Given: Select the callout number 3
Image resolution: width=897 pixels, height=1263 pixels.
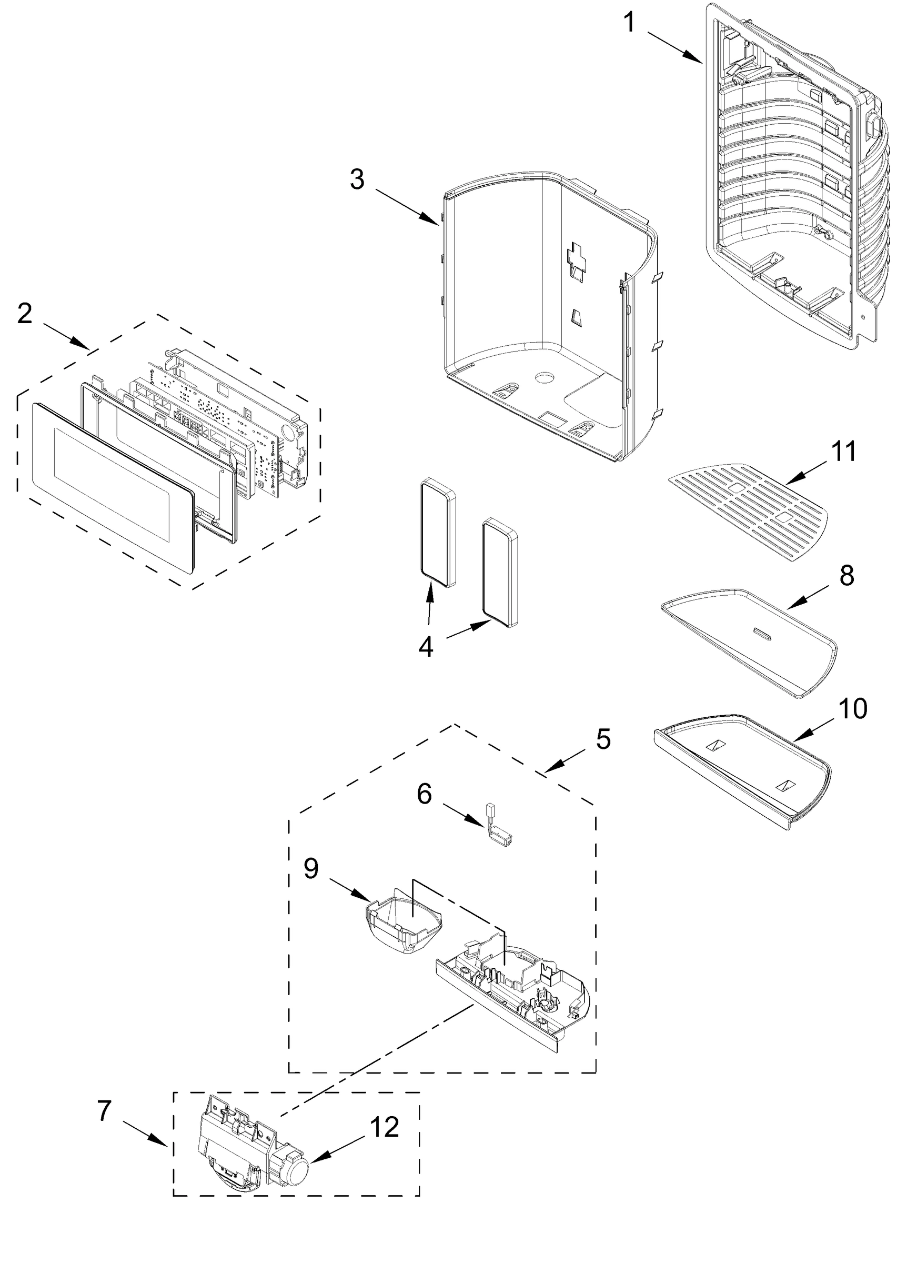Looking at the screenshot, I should tap(357, 179).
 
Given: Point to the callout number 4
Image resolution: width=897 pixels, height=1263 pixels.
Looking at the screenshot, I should tap(425, 647).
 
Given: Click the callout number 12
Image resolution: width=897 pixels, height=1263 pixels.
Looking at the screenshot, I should tap(385, 1127).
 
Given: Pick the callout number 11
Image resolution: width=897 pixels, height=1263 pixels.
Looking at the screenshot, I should tap(843, 452).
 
